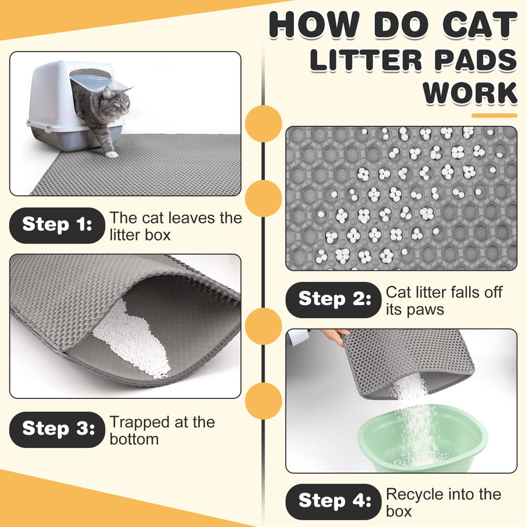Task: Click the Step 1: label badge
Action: coord(57,225)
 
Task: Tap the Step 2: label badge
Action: coord(333,299)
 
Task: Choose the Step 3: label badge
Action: coord(57,430)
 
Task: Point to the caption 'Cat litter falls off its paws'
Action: coord(444,300)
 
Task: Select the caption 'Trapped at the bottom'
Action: coord(162,430)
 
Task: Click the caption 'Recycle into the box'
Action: coord(443,502)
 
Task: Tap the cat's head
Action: coord(117,102)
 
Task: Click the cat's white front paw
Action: coord(111,154)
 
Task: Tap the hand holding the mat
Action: coord(336,335)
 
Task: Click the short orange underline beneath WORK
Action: coord(493,115)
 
